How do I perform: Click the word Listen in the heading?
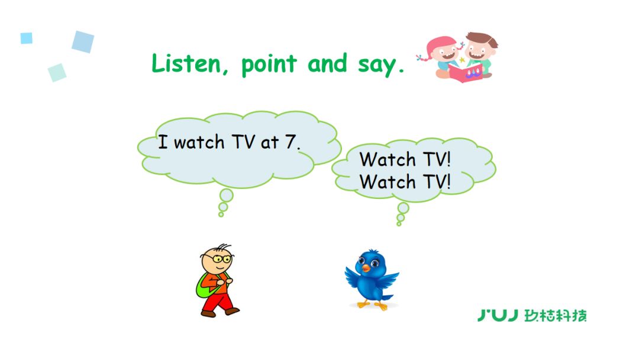[x=186, y=63]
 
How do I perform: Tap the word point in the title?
[x=269, y=65]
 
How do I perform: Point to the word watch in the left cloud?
[x=199, y=142]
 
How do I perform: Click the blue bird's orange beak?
[x=366, y=268]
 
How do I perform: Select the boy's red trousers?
[x=217, y=303]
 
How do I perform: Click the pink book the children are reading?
[x=466, y=72]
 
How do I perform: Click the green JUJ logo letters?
[x=498, y=315]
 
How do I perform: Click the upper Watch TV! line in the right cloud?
[x=405, y=159]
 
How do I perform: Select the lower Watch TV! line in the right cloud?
[x=405, y=181]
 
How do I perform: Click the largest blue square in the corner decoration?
[x=83, y=41]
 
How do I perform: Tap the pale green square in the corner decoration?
[x=57, y=73]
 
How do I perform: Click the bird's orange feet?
[x=372, y=304]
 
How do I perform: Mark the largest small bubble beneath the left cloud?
[x=227, y=195]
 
